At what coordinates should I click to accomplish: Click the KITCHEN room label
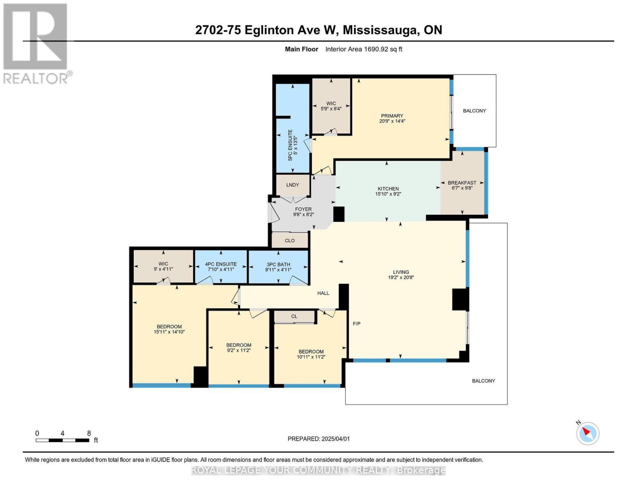(x=388, y=189)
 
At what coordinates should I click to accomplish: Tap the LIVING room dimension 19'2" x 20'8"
(x=401, y=278)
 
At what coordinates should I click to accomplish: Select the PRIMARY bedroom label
(x=392, y=116)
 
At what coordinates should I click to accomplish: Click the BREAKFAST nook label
(x=462, y=182)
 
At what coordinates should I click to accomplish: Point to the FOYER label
(x=304, y=209)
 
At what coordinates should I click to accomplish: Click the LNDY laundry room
(x=292, y=184)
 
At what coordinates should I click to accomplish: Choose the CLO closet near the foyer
(x=290, y=240)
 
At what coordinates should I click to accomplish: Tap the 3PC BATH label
(x=278, y=264)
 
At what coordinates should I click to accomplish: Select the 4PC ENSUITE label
(x=221, y=264)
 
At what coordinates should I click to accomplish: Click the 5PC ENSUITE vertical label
(x=290, y=145)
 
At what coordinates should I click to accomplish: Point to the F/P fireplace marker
(x=356, y=323)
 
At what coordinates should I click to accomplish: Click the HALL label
(x=323, y=293)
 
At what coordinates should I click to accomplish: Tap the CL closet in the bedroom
(x=295, y=317)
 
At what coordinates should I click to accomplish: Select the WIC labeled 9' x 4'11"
(x=163, y=266)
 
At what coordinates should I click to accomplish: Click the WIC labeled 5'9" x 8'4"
(x=331, y=106)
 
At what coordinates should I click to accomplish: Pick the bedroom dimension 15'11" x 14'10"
(x=169, y=332)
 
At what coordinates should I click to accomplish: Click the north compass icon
(x=587, y=434)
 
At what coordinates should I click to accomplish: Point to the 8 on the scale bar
(x=89, y=433)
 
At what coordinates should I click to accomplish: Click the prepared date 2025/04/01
(x=336, y=439)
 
